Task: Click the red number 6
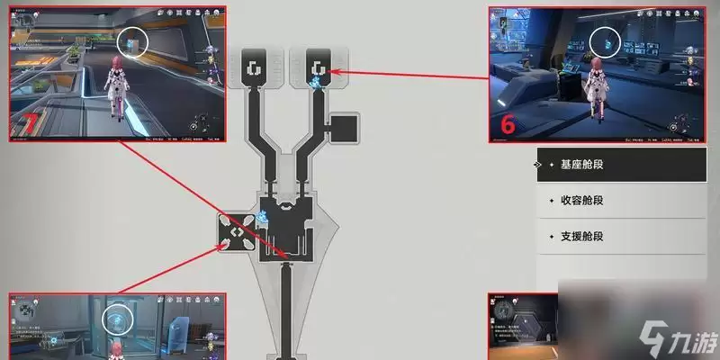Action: coord(507,125)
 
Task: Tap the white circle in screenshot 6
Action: coord(607,41)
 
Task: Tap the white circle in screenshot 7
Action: coord(133,40)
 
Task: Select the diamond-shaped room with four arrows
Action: coord(235,231)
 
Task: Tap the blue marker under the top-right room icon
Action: coord(317,82)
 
